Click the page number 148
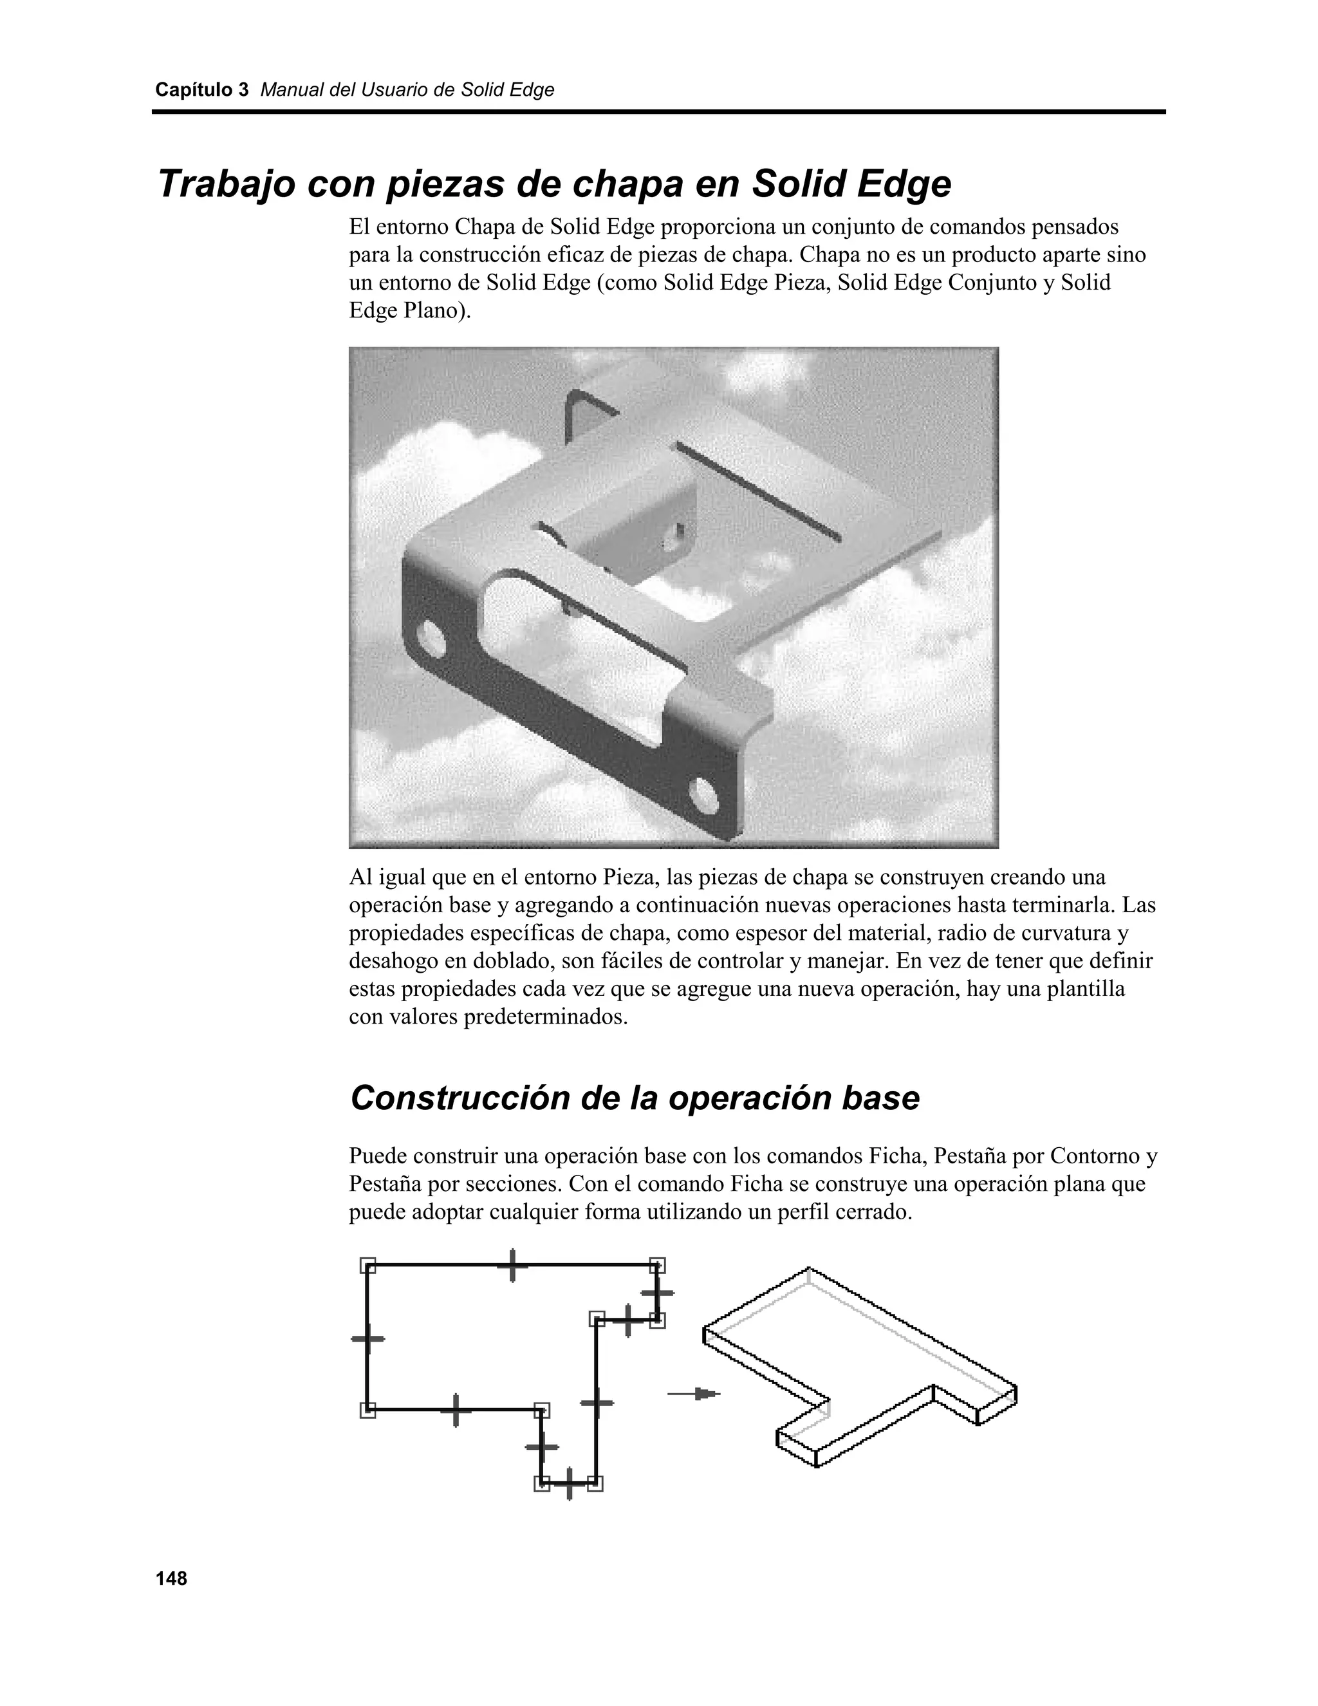(x=171, y=1579)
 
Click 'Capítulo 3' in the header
(x=201, y=90)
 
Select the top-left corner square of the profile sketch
(x=367, y=1264)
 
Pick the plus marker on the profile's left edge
(x=367, y=1339)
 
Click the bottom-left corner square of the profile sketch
(x=367, y=1410)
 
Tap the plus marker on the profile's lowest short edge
(x=568, y=1483)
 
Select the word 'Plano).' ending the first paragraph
(x=437, y=311)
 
